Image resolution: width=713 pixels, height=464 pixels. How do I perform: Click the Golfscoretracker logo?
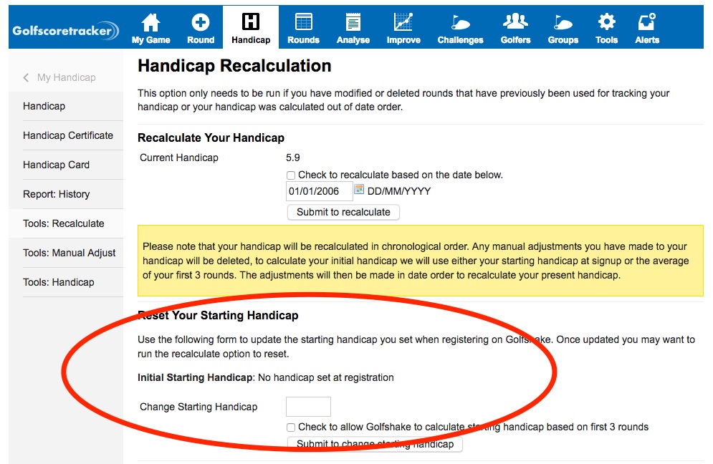click(x=65, y=31)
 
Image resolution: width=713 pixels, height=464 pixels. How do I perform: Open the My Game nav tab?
click(x=151, y=29)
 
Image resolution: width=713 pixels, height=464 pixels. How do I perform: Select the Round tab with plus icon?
click(x=201, y=29)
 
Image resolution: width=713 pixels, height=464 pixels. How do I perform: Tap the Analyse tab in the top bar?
click(x=353, y=29)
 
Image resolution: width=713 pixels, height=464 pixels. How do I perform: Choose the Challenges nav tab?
click(x=460, y=29)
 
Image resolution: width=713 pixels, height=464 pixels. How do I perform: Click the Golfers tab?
click(x=515, y=29)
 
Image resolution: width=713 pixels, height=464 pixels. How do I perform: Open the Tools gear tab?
click(x=606, y=29)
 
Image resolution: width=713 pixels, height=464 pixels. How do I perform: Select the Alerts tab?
click(x=646, y=29)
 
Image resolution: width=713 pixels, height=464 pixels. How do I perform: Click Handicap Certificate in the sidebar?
click(x=68, y=135)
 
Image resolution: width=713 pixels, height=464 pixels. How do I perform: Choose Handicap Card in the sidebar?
click(x=56, y=165)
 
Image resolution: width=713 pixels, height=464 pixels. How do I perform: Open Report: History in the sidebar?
click(x=56, y=194)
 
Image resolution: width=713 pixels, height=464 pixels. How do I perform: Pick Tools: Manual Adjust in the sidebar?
click(x=69, y=253)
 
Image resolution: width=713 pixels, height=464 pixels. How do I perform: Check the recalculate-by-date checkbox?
click(x=291, y=175)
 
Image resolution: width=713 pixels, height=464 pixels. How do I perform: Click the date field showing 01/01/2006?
click(x=319, y=191)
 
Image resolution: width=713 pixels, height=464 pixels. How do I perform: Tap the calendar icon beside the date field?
click(x=360, y=190)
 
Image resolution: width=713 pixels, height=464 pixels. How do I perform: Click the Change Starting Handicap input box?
click(x=308, y=407)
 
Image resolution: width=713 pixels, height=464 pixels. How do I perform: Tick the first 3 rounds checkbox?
click(x=291, y=427)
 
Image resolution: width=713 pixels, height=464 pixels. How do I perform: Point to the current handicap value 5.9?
click(x=292, y=158)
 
